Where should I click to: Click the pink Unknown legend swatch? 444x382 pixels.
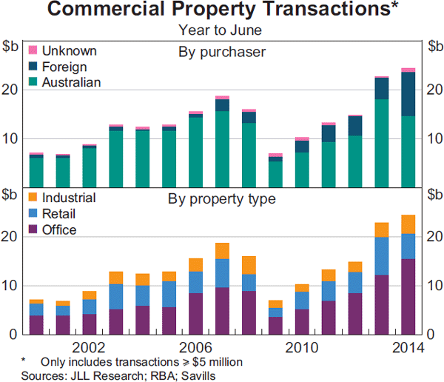pyautogui.click(x=33, y=50)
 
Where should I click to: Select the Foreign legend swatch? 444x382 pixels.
pyautogui.click(x=33, y=66)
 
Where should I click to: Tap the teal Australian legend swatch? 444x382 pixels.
pyautogui.click(x=33, y=81)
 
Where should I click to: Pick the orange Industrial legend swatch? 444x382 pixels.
pyautogui.click(x=33, y=198)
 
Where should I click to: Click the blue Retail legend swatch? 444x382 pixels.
pyautogui.click(x=33, y=214)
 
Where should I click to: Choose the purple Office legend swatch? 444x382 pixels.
pyautogui.click(x=33, y=229)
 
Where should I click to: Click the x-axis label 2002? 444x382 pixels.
pyautogui.click(x=89, y=347)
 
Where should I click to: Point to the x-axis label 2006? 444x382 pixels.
pyautogui.click(x=195, y=347)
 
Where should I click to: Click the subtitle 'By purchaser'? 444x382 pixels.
pyautogui.click(x=222, y=53)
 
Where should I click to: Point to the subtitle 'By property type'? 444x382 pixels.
pyautogui.click(x=222, y=199)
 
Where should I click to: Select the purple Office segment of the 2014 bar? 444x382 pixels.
pyautogui.click(x=408, y=296)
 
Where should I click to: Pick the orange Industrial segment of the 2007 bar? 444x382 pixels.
pyautogui.click(x=222, y=251)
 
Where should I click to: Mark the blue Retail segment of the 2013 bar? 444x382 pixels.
pyautogui.click(x=381, y=256)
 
